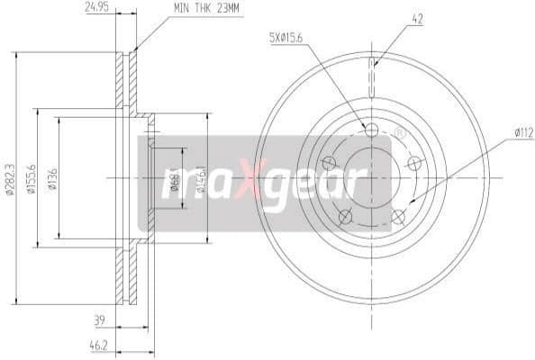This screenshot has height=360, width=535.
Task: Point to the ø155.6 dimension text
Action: (31, 177)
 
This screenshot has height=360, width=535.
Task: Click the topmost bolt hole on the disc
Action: (371, 130)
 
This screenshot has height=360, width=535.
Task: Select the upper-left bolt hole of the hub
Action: (329, 163)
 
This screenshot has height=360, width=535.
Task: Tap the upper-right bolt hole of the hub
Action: (414, 163)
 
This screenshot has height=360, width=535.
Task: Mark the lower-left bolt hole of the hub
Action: (344, 216)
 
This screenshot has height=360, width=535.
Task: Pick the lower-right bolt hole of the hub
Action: (398, 216)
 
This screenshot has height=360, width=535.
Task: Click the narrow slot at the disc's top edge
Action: (372, 76)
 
